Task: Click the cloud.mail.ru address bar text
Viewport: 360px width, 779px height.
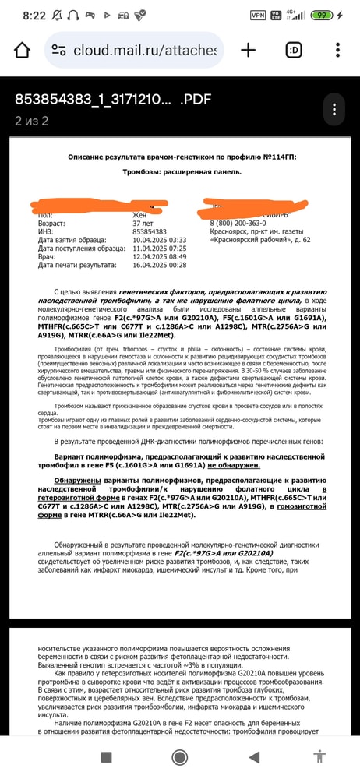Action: click(x=144, y=51)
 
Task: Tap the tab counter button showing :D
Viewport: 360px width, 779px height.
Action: click(x=294, y=51)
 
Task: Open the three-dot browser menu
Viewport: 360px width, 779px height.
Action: click(x=337, y=51)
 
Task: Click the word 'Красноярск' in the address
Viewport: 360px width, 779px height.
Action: click(x=231, y=231)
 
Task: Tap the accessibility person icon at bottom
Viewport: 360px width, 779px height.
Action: click(x=318, y=756)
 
